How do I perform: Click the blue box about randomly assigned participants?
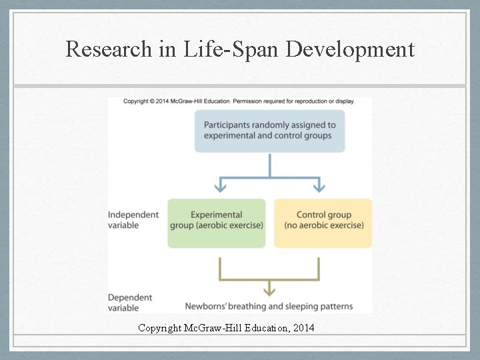point(269,130)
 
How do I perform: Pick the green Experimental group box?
point(216,223)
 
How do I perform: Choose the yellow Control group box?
point(323,223)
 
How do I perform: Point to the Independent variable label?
point(133,219)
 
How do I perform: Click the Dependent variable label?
point(131,302)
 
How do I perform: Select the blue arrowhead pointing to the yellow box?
point(321,186)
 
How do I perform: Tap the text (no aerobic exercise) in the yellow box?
point(324,225)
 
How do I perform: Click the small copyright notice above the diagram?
point(239,101)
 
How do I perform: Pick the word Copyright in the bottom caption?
point(161,328)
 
